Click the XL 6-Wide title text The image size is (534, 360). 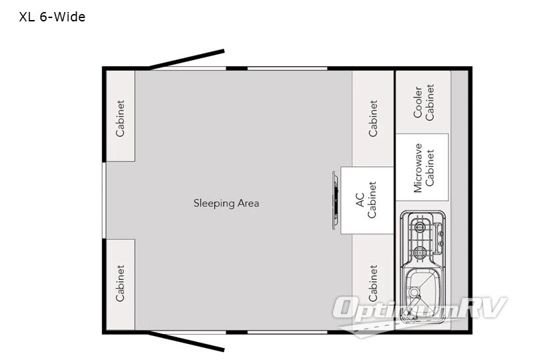click(x=53, y=17)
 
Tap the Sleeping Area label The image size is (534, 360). click(x=226, y=203)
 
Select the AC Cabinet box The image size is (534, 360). click(x=366, y=200)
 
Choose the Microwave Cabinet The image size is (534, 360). click(x=422, y=167)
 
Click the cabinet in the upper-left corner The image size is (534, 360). click(x=120, y=118)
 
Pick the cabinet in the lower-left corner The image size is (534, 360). click(x=120, y=283)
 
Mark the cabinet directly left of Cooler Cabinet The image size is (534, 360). click(x=372, y=118)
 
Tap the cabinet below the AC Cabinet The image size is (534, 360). click(x=372, y=281)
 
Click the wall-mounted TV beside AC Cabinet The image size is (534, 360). click(x=335, y=200)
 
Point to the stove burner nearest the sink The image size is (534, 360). click(x=419, y=252)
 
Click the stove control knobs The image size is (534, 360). click(x=439, y=237)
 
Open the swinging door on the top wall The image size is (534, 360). click(x=187, y=59)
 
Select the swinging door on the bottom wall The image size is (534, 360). click(x=187, y=341)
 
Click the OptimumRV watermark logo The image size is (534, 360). click(x=421, y=311)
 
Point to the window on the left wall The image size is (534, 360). click(x=103, y=200)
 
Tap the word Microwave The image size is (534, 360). click(x=418, y=167)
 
